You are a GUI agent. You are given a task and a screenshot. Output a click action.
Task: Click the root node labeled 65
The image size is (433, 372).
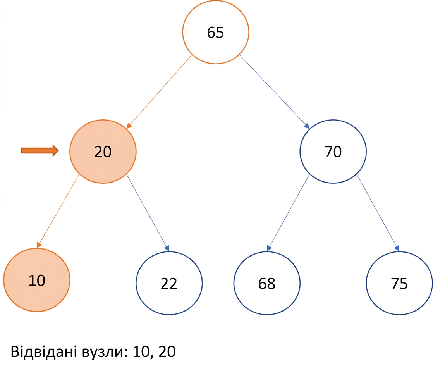click(x=216, y=32)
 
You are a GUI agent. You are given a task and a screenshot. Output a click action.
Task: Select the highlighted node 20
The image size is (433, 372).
click(x=103, y=152)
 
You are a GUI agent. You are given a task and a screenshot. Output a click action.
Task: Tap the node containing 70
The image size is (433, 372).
click(x=333, y=152)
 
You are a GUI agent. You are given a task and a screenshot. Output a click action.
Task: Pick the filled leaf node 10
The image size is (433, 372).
click(x=37, y=280)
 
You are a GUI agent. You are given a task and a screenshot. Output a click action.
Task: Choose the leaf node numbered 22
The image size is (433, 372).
click(x=169, y=283)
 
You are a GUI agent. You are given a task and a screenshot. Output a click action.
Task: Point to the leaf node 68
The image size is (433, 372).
click(x=267, y=283)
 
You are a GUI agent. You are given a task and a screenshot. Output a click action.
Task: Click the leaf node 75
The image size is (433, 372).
click(x=399, y=283)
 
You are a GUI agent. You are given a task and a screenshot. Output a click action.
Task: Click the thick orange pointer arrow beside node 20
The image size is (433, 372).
click(x=40, y=150)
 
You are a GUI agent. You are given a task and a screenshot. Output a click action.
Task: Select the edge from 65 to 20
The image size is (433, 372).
click(x=159, y=92)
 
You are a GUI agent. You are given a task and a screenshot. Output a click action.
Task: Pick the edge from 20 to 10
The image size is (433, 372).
click(x=58, y=211)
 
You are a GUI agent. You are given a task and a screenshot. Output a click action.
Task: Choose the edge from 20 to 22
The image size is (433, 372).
click(x=148, y=212)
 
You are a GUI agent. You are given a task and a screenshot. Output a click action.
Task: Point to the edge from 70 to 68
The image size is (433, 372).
click(x=288, y=213)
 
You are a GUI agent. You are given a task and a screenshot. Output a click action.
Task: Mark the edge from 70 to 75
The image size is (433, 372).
click(x=378, y=213)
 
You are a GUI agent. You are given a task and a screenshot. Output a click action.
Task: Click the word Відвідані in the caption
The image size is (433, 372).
click(x=44, y=351)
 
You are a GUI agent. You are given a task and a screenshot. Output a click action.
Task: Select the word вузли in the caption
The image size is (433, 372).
click(x=105, y=353)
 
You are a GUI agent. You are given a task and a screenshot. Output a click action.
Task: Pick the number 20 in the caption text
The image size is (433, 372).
click(x=167, y=351)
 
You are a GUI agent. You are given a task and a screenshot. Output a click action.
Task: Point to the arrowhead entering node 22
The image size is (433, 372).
click(x=167, y=248)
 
